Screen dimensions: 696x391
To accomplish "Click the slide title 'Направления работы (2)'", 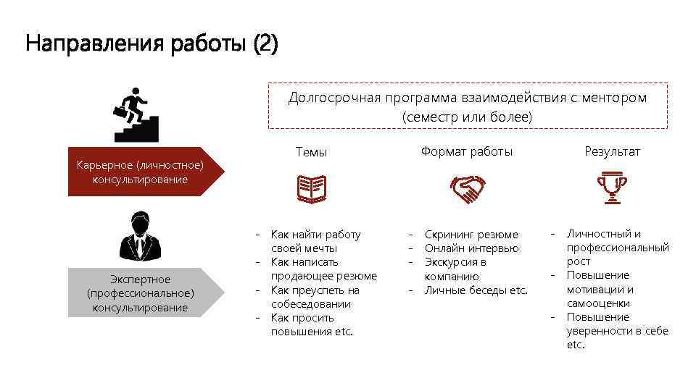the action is pos(152,45).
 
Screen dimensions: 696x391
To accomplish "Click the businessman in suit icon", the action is pos(140,237).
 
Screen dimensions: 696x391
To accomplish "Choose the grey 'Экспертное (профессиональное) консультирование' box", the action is pos(140,293).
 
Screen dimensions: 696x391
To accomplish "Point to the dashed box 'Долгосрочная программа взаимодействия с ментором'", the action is pos(468,106).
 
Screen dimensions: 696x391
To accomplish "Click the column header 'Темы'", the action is pos(311,152).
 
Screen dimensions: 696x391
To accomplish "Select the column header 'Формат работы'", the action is pos(467,151).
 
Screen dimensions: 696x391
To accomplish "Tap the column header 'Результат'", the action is pos(613,151).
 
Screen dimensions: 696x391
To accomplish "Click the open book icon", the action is pos(312,188).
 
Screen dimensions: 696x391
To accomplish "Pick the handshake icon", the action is pos(467,188).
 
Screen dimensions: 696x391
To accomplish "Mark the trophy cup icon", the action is pos(612,187).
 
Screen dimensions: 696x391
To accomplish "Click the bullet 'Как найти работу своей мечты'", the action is pos(315,241).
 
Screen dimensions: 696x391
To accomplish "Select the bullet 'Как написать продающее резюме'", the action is pos(323,269).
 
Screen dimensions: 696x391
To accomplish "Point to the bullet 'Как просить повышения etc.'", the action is pos(312,324).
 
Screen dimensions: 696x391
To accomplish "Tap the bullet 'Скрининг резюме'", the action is pos(471,235).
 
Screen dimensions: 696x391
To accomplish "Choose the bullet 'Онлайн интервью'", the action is pos(471,248).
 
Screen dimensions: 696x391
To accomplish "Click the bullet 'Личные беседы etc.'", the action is pos(476,290).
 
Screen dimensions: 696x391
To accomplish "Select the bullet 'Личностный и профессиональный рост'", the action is pos(617,248).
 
